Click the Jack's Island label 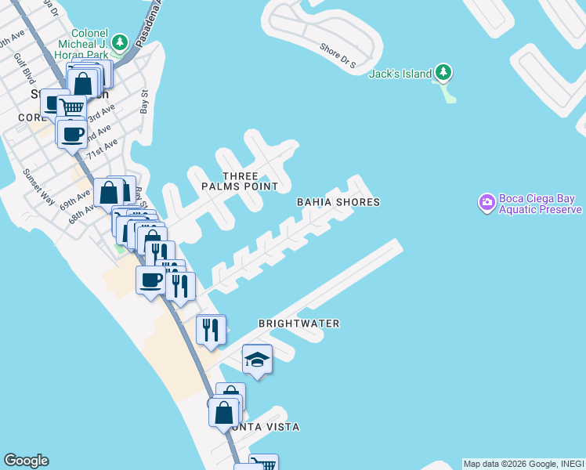point(400,74)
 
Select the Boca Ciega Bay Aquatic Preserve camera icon point(487,203)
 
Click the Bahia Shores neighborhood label point(338,202)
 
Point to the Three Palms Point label point(240,181)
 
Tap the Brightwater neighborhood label point(299,324)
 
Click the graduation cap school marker point(257,360)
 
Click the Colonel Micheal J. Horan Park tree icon point(120,42)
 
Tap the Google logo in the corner point(26,461)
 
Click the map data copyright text point(523,464)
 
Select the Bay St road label point(144,101)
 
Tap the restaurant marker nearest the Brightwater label point(211,330)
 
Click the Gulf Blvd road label point(30,74)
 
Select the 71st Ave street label point(102,148)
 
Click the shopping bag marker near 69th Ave point(109,192)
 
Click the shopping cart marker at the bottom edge point(263,463)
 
